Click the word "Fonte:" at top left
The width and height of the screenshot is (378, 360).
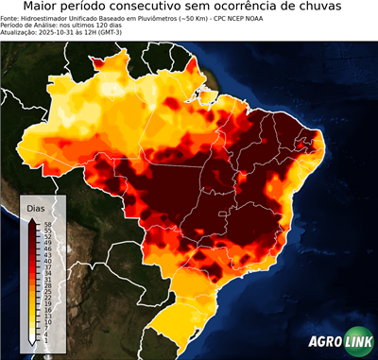tap(10, 17)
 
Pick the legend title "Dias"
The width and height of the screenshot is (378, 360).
tap(36, 207)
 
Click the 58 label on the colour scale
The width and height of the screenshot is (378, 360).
tap(46, 224)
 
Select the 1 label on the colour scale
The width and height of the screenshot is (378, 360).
tap(45, 340)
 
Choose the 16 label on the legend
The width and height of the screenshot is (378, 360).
tap(46, 310)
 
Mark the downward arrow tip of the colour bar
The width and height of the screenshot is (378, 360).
tap(31, 343)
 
